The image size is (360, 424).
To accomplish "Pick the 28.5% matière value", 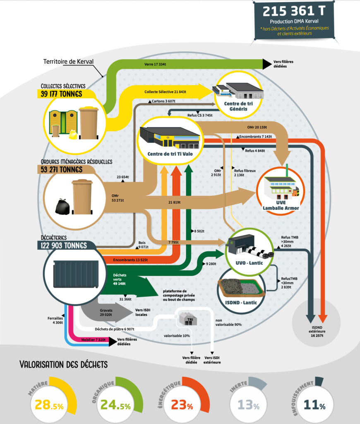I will click(49, 405).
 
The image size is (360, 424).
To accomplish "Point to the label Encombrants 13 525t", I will click(131, 260).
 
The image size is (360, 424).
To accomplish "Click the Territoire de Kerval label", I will click(68, 62).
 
